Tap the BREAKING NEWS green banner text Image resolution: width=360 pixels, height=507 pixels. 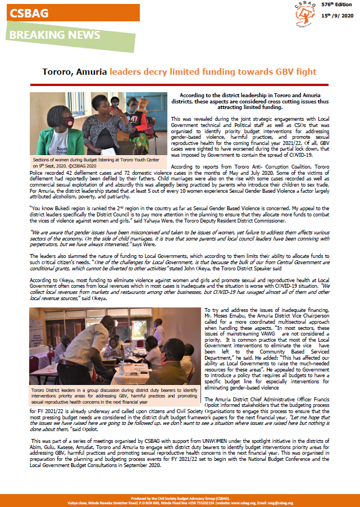(54, 35)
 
